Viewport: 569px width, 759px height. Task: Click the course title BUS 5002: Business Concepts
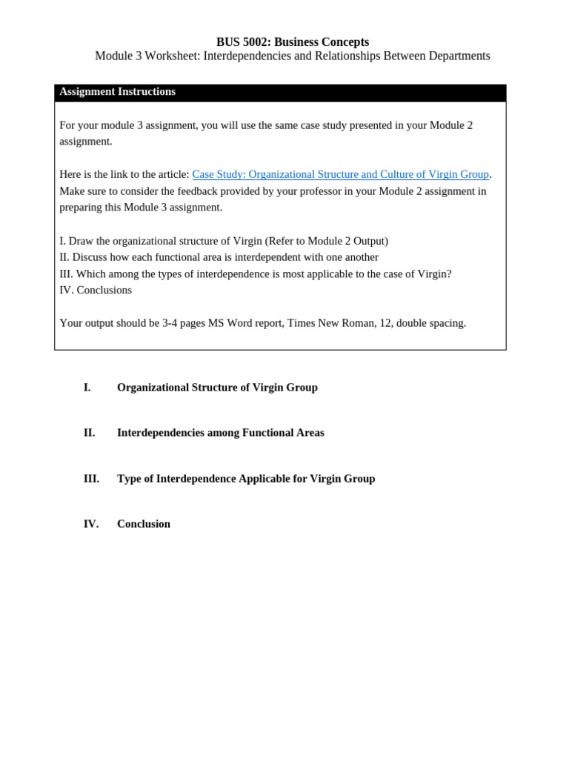pyautogui.click(x=292, y=42)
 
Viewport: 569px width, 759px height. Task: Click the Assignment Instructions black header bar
pyautogui.click(x=280, y=93)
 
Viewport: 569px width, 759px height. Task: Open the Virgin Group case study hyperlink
pyautogui.click(x=340, y=174)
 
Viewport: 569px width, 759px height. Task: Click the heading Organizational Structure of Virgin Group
pyautogui.click(x=217, y=388)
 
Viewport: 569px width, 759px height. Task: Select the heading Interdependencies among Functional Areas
pyautogui.click(x=220, y=433)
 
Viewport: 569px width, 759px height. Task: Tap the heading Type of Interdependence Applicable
pyautogui.click(x=246, y=479)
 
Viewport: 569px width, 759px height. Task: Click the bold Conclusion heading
pyautogui.click(x=143, y=524)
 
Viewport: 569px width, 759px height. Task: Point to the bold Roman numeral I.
pyautogui.click(x=87, y=388)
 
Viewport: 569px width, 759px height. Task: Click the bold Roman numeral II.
pyautogui.click(x=89, y=433)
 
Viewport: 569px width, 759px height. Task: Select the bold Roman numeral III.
pyautogui.click(x=91, y=479)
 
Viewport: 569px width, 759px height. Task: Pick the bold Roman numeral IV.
pyautogui.click(x=90, y=524)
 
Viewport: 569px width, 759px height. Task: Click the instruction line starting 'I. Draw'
pyautogui.click(x=223, y=241)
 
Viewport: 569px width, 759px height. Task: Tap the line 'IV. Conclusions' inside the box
pyautogui.click(x=96, y=290)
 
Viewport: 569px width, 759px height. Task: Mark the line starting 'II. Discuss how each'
pyautogui.click(x=219, y=257)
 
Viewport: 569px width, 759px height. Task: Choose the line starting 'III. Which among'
pyautogui.click(x=255, y=274)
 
